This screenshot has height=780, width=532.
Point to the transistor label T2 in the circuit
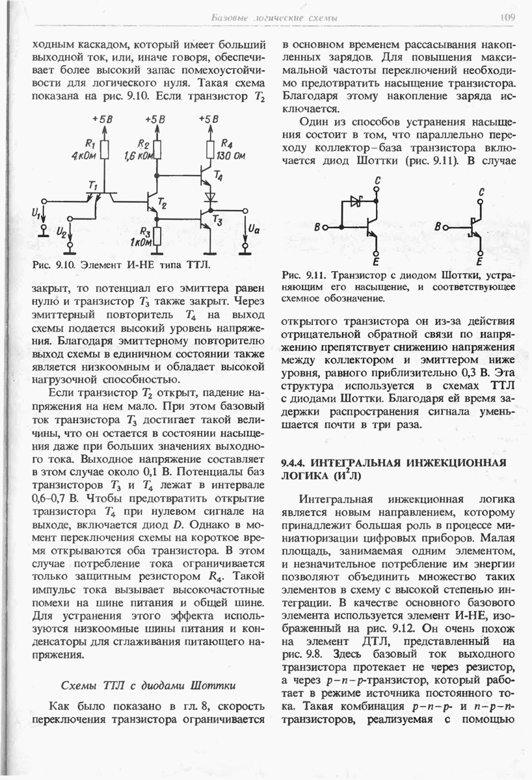click(x=163, y=206)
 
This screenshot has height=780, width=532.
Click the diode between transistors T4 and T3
click(x=209, y=195)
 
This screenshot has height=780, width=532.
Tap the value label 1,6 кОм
click(x=137, y=156)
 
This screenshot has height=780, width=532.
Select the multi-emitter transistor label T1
click(x=92, y=186)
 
